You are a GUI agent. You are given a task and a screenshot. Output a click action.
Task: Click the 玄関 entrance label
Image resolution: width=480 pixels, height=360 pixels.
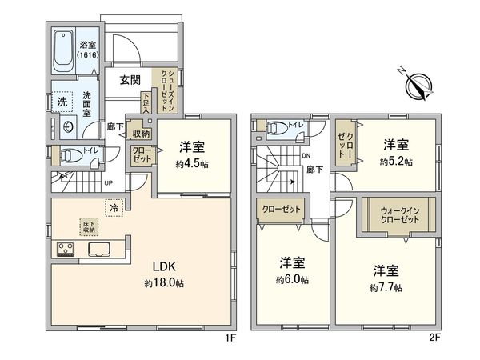point(131,80)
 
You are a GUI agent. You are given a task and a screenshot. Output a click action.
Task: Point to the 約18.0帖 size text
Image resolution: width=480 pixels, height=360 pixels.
point(165,283)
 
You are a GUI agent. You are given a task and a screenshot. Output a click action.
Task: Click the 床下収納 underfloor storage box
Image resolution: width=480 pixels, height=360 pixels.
point(88,226)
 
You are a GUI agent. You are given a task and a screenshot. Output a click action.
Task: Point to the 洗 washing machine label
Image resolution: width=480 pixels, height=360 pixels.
point(61,101)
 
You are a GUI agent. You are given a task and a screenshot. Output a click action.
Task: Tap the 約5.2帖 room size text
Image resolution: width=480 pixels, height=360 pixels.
point(395,161)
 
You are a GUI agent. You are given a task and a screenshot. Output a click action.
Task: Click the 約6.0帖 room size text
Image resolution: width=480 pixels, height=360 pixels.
point(293,280)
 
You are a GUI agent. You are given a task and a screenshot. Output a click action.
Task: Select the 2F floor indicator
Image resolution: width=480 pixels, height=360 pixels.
point(435,338)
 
